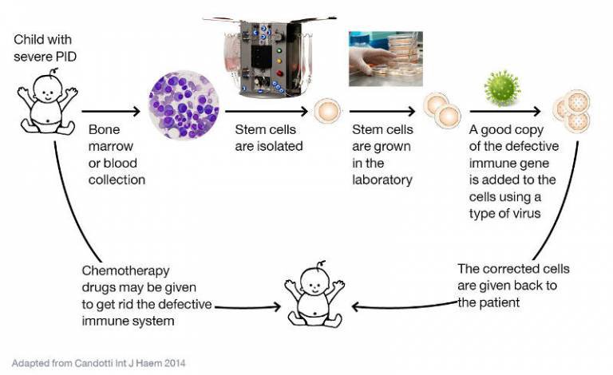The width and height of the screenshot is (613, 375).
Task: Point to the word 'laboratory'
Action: (x=382, y=179)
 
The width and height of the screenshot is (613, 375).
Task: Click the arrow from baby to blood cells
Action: (x=112, y=111)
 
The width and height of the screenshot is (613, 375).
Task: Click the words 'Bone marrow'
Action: (x=113, y=137)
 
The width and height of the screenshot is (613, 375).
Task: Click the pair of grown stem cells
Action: (x=441, y=111)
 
